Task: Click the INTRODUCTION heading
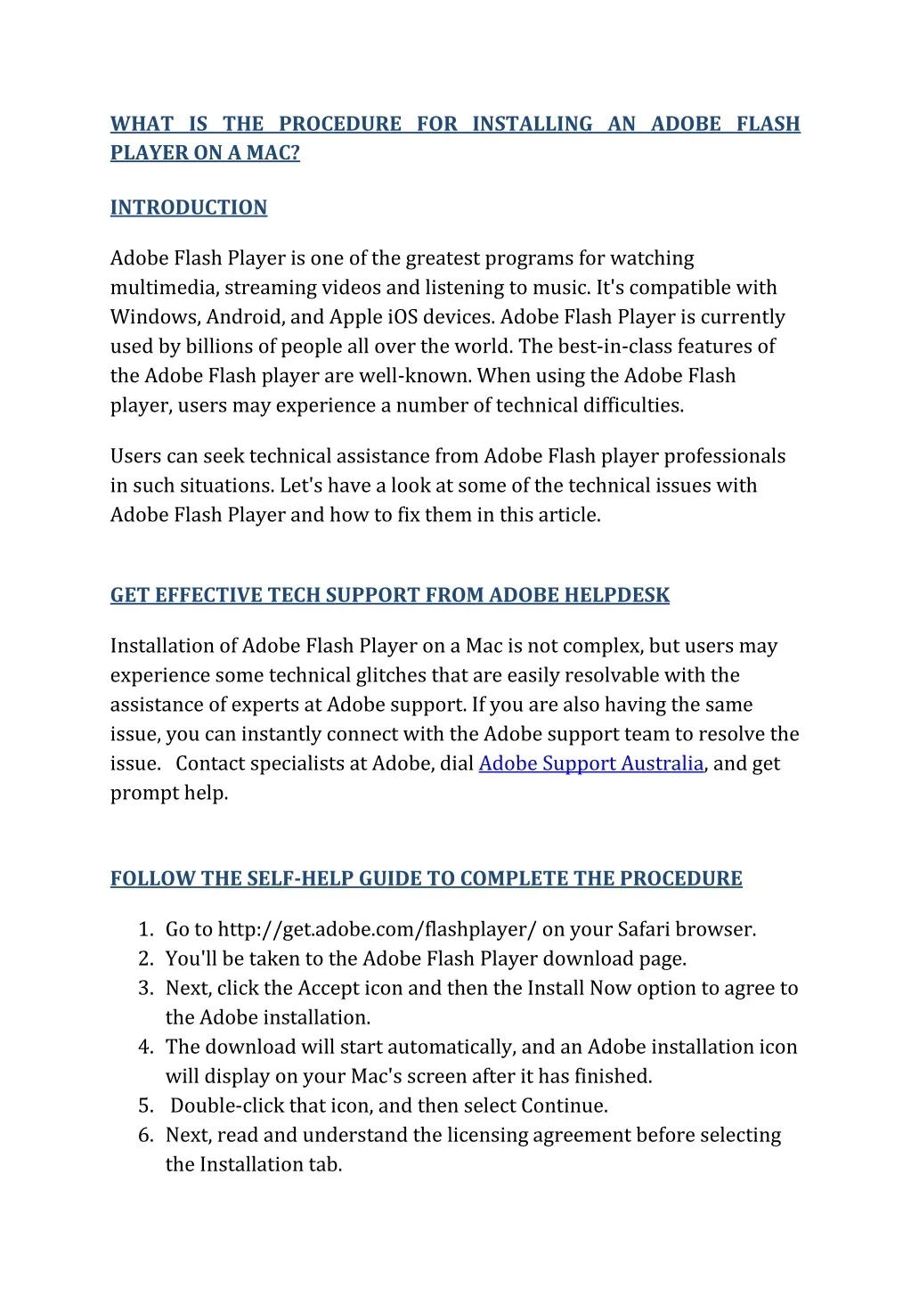[188, 208]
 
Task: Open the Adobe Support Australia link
[590, 763]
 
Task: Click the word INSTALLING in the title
[532, 124]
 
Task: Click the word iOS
[403, 317]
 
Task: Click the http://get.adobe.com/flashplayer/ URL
[377, 929]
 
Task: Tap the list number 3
[146, 988]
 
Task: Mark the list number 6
[146, 1135]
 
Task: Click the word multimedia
[164, 288]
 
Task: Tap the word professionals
[724, 456]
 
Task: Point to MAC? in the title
[273, 153]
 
